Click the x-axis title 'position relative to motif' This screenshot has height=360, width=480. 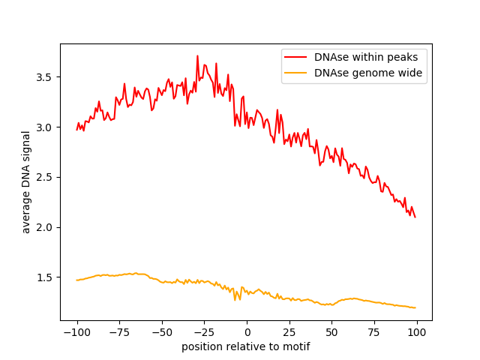[245, 346]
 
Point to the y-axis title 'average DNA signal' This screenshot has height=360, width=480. [26, 181]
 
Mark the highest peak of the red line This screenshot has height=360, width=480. [197, 56]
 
